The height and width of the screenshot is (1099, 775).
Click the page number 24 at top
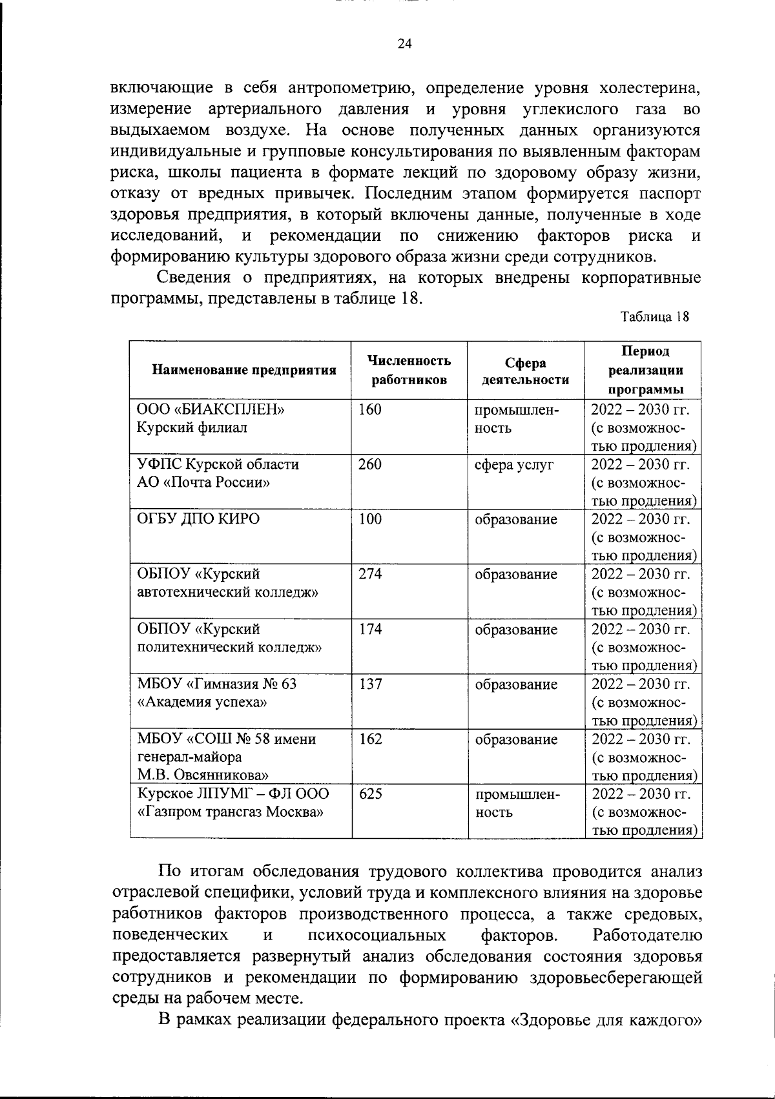(404, 44)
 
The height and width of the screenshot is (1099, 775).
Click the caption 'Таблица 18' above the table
(654, 317)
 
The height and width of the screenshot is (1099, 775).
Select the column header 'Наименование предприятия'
(244, 370)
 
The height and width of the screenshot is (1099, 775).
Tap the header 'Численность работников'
(409, 370)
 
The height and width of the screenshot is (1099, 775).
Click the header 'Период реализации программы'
(645, 370)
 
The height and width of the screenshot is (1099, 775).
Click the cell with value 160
(370, 409)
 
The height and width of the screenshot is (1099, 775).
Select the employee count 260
(370, 464)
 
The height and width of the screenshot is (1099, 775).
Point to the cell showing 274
(370, 574)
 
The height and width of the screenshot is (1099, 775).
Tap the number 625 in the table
(370, 794)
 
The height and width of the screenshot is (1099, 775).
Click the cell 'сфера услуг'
(514, 464)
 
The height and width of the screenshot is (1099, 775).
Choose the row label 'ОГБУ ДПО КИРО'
(198, 519)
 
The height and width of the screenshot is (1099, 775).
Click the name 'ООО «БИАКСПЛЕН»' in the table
(211, 409)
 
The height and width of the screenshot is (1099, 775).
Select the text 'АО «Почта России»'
(203, 482)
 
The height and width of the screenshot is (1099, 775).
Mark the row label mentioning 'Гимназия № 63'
(217, 684)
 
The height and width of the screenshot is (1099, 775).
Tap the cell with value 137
(370, 684)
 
